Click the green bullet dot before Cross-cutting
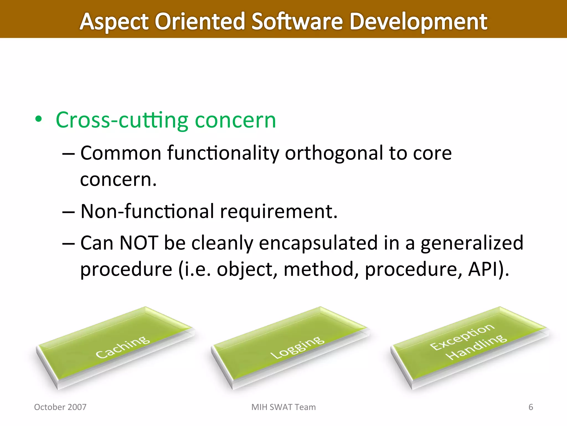38,120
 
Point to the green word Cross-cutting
122,120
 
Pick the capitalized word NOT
139,243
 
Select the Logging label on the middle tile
297,347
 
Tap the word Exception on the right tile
462,337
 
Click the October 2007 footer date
60,407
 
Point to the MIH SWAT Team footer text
283,407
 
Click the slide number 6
530,407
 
